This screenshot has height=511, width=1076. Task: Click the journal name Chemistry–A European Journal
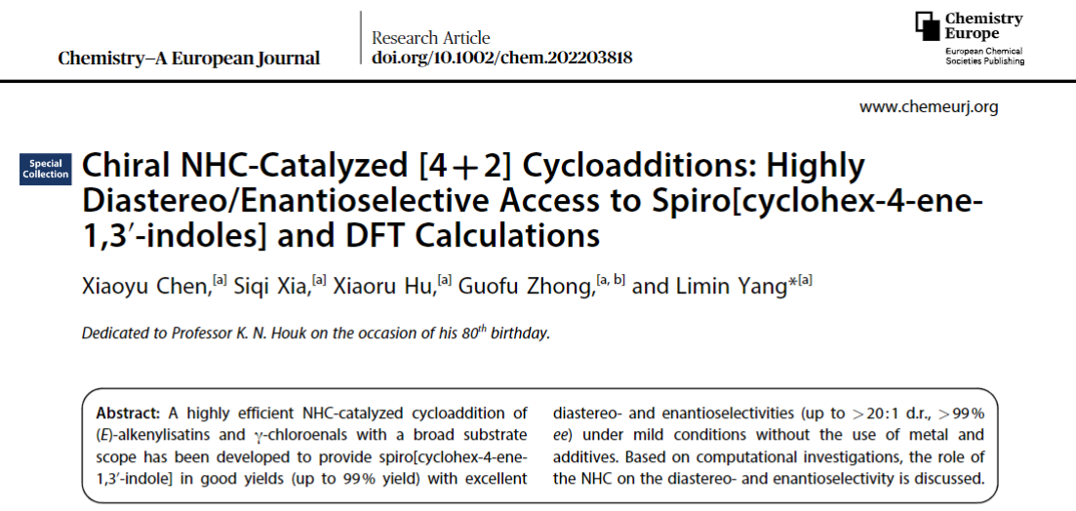click(188, 58)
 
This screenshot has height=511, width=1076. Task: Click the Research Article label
click(430, 38)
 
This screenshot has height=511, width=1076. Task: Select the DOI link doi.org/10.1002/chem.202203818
click(501, 58)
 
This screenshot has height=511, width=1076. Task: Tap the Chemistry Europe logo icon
click(927, 27)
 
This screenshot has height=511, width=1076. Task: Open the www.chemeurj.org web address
click(928, 106)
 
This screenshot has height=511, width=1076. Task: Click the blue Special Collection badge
click(46, 169)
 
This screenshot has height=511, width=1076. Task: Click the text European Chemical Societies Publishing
click(984, 55)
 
